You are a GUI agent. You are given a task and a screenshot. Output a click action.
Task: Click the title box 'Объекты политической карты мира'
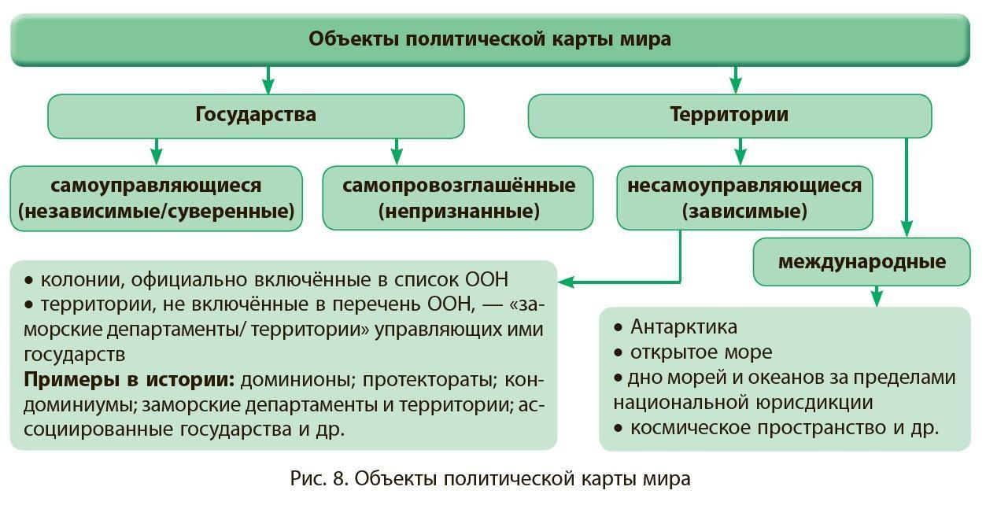[489, 39]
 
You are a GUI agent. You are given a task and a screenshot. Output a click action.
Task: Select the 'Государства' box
[256, 115]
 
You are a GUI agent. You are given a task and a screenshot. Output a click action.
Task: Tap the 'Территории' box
[729, 115]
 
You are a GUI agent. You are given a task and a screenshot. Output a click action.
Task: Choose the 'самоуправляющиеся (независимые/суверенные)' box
[156, 198]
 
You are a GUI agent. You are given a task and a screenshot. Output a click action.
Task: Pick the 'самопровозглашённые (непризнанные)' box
[458, 198]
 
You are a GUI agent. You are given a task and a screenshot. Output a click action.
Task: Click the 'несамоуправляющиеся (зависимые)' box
[744, 198]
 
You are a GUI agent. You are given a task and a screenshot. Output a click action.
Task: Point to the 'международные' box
[862, 262]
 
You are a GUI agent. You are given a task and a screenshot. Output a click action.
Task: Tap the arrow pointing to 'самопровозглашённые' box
[397, 152]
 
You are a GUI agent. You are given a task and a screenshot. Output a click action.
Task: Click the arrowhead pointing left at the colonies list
[566, 281]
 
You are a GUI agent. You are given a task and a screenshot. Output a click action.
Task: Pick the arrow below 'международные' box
[877, 297]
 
